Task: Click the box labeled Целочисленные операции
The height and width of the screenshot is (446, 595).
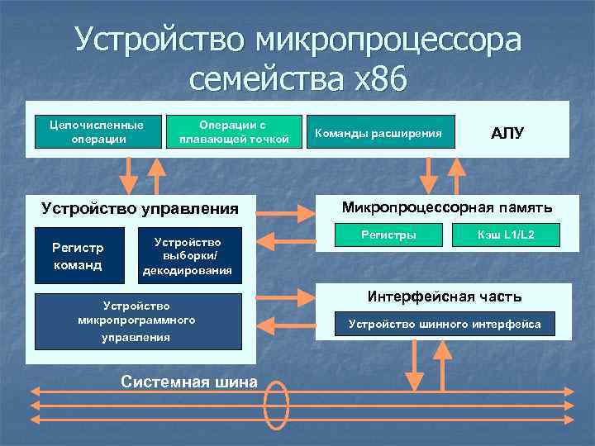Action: coord(98,131)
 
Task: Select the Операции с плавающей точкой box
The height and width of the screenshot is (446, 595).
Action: coord(234,131)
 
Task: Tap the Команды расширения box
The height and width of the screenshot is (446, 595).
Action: coord(378,132)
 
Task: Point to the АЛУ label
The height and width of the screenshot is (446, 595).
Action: coord(507,133)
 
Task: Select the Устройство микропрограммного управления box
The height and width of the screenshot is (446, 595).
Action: coord(136,321)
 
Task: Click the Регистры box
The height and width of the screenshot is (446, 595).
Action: coord(388,235)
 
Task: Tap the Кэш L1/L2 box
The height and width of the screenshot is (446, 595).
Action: coord(506,235)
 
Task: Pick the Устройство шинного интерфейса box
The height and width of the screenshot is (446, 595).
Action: coord(445,324)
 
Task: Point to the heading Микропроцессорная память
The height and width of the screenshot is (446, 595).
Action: coord(447,206)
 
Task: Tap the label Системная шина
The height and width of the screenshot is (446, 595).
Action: coord(189,382)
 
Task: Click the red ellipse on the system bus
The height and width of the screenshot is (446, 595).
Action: coord(276,405)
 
